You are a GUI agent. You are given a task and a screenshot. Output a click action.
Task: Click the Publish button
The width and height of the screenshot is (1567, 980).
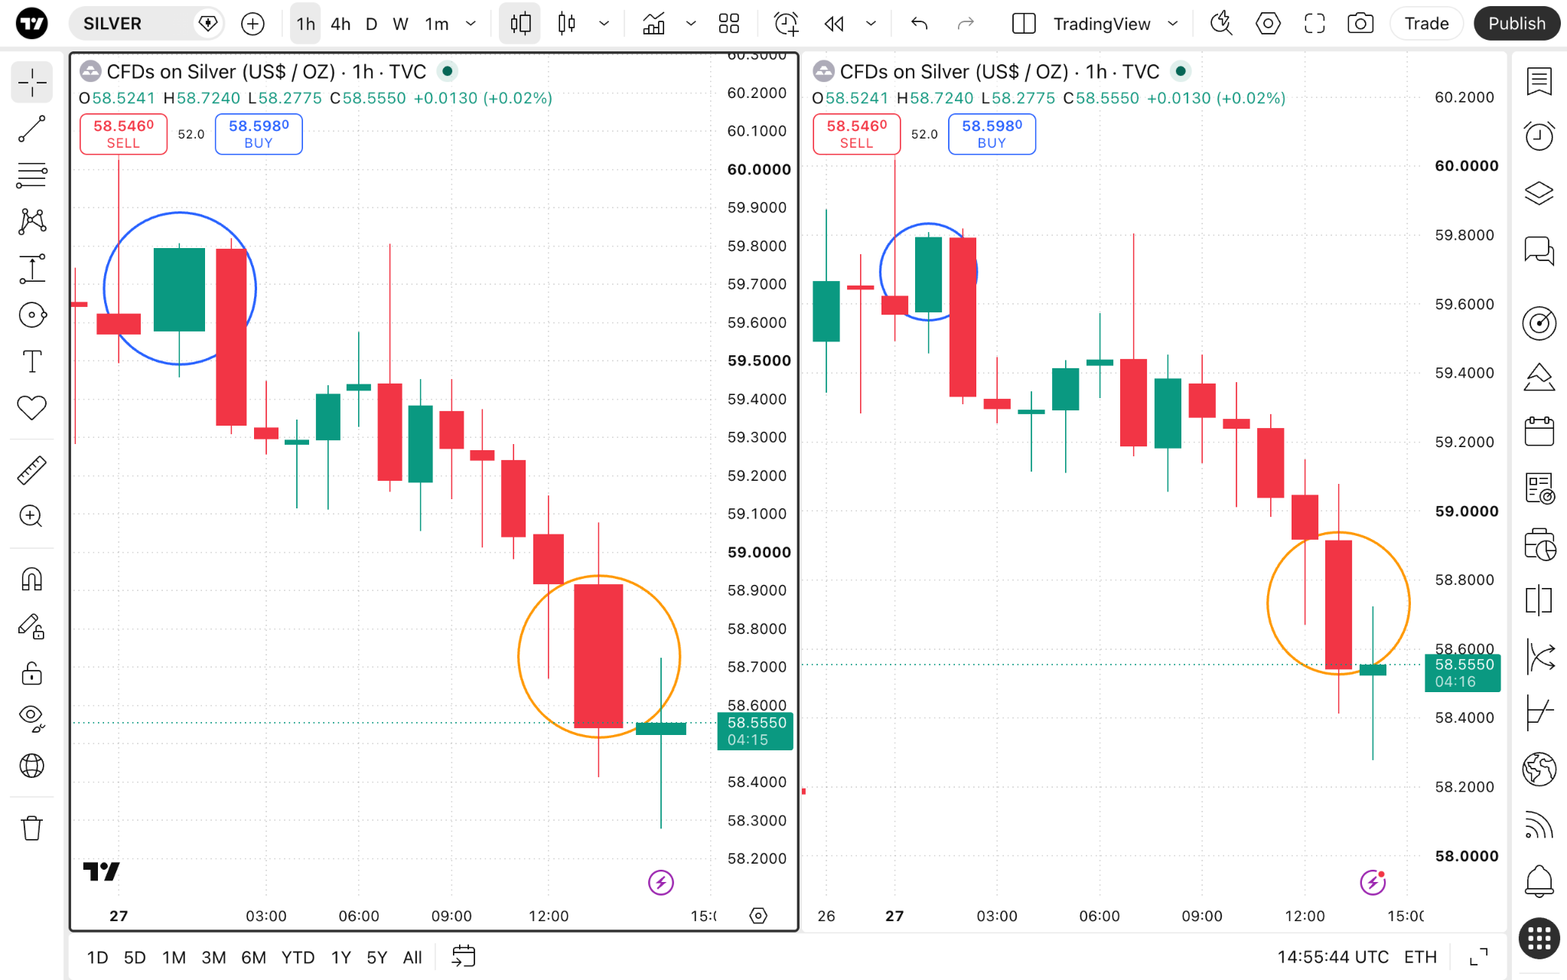click(x=1517, y=24)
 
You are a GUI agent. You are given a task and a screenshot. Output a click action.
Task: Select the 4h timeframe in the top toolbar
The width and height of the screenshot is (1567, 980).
click(x=340, y=24)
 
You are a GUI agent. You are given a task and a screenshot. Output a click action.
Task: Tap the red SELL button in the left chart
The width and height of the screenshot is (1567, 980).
click(x=123, y=134)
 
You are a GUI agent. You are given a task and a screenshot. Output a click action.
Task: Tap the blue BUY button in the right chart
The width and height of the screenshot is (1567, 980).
click(x=992, y=134)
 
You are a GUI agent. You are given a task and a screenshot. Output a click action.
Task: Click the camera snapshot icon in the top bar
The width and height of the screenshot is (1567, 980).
click(x=1360, y=24)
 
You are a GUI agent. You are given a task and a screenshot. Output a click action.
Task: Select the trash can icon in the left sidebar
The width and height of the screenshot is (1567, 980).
click(x=32, y=828)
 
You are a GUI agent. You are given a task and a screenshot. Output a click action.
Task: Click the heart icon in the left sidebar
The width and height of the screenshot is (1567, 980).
click(x=32, y=408)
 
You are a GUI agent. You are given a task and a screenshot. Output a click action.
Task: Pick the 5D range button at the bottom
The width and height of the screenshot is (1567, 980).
click(x=135, y=957)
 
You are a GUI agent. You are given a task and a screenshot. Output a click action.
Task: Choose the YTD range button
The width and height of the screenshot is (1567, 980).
click(x=298, y=957)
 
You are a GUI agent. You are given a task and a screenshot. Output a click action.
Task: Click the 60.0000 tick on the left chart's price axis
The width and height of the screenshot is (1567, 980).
click(x=759, y=169)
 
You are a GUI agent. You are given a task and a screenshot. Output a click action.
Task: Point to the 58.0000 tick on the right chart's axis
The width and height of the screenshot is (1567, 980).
click(x=1467, y=856)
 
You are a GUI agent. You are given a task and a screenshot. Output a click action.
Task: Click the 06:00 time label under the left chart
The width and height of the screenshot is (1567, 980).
click(x=359, y=916)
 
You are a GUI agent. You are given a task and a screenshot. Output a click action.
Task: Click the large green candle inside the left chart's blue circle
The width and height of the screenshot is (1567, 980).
click(x=179, y=289)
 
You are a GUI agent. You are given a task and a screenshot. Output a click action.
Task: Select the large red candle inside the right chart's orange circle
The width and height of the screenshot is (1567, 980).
click(x=1338, y=605)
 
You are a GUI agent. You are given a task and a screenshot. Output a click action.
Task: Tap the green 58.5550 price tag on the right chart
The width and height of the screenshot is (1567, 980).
click(x=1463, y=673)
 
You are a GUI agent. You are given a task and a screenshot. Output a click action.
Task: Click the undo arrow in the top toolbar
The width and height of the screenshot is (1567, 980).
click(x=920, y=24)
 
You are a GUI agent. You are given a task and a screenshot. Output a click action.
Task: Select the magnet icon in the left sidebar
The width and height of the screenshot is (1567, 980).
click(x=32, y=580)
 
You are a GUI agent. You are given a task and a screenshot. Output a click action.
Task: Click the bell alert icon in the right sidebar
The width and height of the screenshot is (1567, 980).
click(x=1539, y=880)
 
